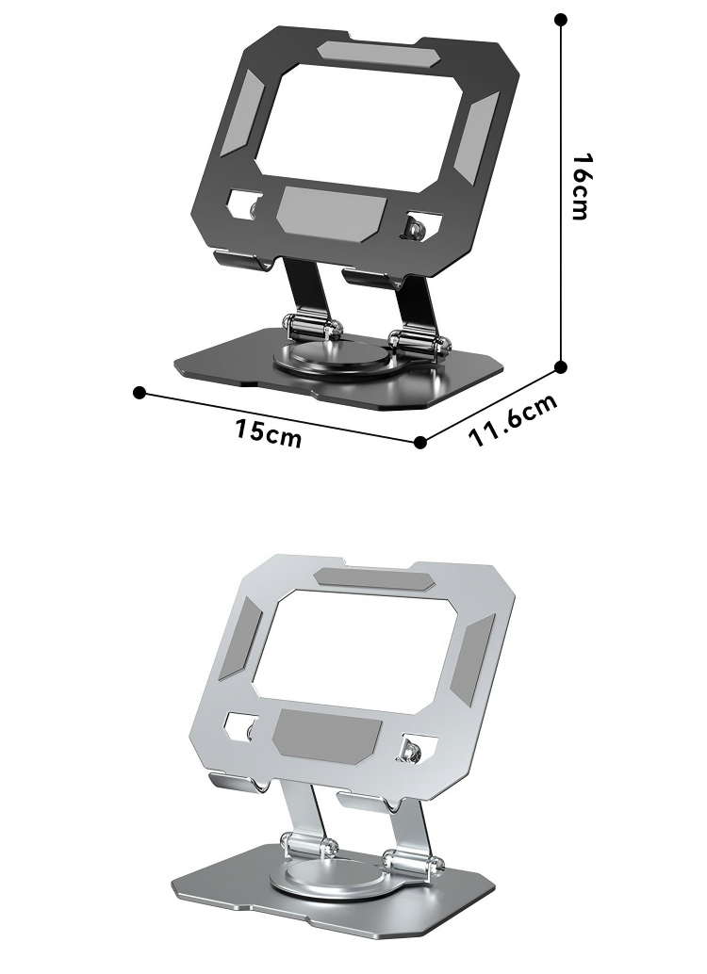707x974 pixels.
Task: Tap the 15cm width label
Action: coord(269,432)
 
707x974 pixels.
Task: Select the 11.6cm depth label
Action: coord(514,421)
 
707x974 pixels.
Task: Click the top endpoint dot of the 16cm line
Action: coord(561,19)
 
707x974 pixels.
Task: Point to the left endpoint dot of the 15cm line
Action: coord(140,391)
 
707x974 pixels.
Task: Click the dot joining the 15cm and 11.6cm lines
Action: coord(420,441)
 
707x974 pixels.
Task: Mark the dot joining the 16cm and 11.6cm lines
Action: coord(561,366)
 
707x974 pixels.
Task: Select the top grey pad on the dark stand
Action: coord(367,51)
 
